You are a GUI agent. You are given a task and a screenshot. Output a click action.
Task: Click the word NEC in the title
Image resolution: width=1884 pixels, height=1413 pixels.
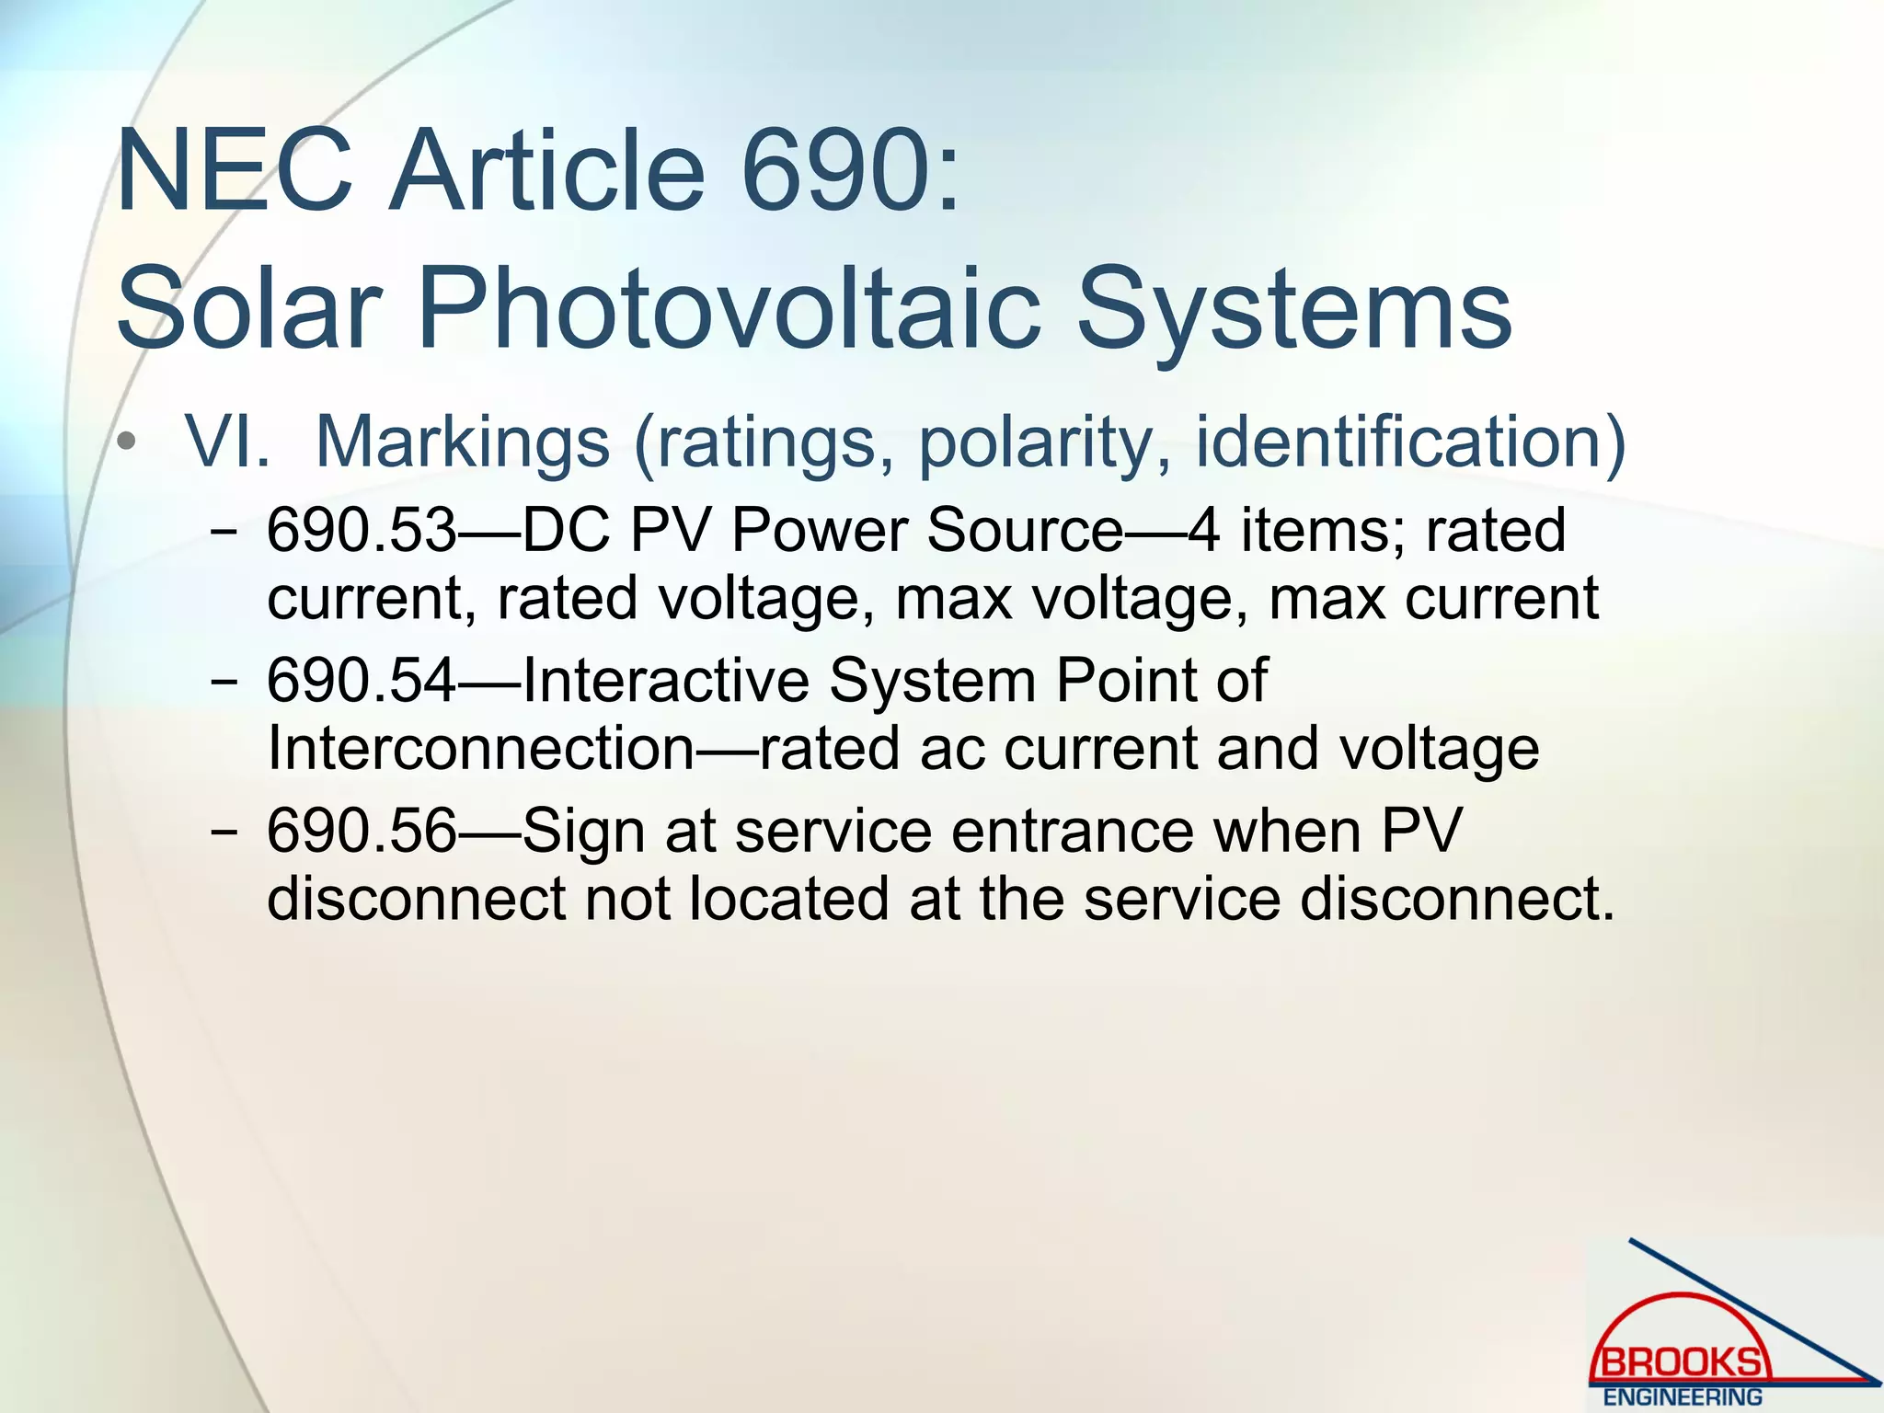click(x=235, y=172)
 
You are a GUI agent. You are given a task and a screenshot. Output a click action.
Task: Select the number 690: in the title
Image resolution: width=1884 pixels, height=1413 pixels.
click(x=851, y=172)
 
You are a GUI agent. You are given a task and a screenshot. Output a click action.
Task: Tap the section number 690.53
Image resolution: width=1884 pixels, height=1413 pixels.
click(x=362, y=531)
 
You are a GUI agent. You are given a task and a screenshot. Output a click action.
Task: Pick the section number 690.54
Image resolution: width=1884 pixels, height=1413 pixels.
click(x=362, y=681)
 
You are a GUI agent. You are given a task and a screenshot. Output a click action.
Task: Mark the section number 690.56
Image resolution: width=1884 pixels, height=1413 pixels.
click(x=362, y=831)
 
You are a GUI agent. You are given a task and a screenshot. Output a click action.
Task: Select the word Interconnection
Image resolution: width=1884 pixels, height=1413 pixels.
click(x=481, y=748)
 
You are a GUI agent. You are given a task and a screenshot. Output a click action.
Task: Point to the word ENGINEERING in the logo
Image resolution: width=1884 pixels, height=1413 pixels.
click(x=1683, y=1396)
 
